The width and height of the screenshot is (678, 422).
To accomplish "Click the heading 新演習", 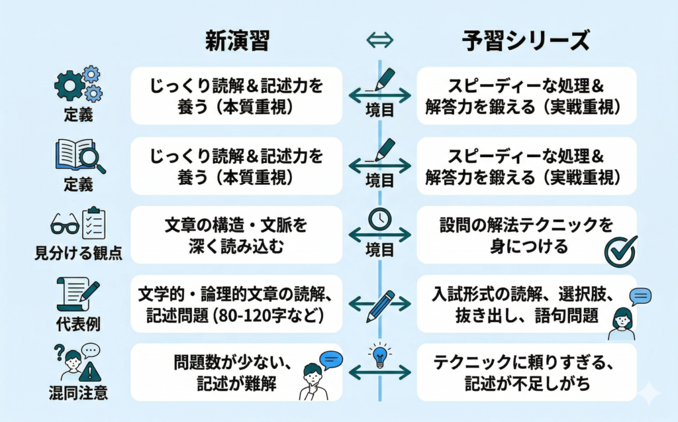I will pyautogui.click(x=236, y=41).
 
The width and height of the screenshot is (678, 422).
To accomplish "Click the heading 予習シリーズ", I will pyautogui.click(x=526, y=41).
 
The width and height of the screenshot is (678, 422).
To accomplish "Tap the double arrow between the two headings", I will pyautogui.click(x=379, y=41).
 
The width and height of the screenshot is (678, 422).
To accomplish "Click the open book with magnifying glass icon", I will pyautogui.click(x=78, y=156).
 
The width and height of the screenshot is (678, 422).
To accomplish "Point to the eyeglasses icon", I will pyautogui.click(x=64, y=225).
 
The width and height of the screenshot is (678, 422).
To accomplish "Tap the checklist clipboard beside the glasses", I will pyautogui.click(x=91, y=223).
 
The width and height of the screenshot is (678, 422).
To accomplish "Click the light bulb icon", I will pyautogui.click(x=379, y=355).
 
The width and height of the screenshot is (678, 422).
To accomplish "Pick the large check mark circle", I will pyautogui.click(x=621, y=250).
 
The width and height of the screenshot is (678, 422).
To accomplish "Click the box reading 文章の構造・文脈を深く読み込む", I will pyautogui.click(x=236, y=235).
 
